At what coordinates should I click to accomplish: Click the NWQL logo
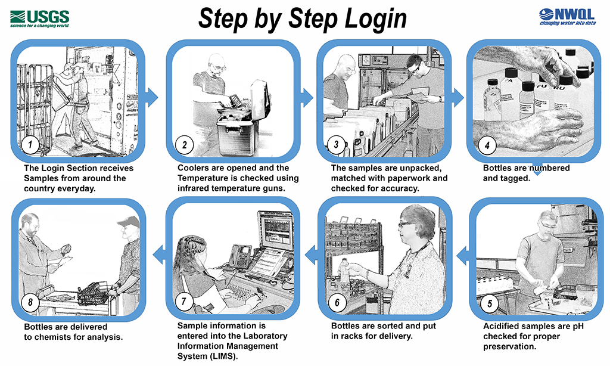click(567, 16)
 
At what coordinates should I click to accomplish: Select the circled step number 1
click(30, 144)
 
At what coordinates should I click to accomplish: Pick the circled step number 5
click(489, 303)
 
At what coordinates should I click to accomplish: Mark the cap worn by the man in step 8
click(128, 222)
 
